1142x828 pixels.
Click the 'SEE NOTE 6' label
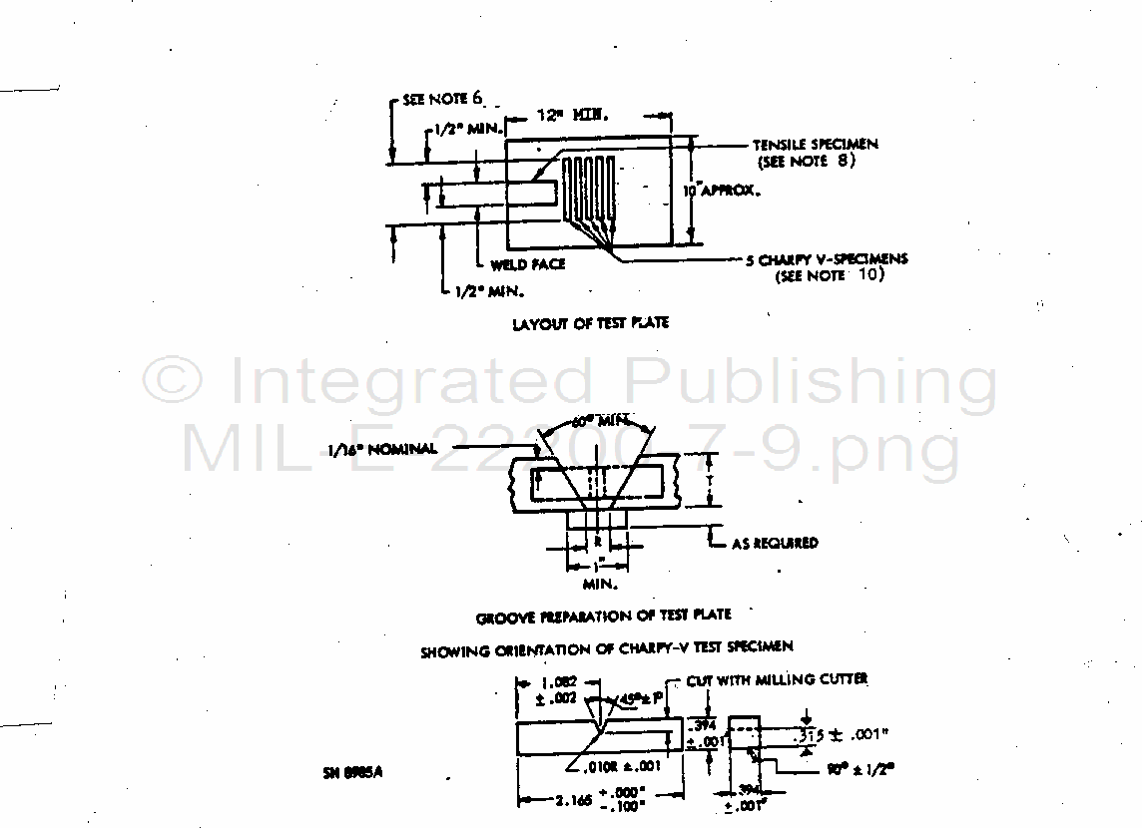pos(443,99)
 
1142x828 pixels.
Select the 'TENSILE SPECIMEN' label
pos(816,145)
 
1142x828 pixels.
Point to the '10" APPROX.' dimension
pos(721,190)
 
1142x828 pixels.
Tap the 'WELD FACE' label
pos(528,264)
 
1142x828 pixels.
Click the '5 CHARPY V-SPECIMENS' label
pos(827,259)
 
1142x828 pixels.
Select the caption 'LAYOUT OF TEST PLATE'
pos(590,323)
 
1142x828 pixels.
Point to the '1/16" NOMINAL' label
pos(381,449)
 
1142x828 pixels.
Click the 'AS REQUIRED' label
pos(775,543)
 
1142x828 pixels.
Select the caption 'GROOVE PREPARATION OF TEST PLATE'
pos(603,617)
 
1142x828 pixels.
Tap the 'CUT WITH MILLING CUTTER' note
pos(777,679)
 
